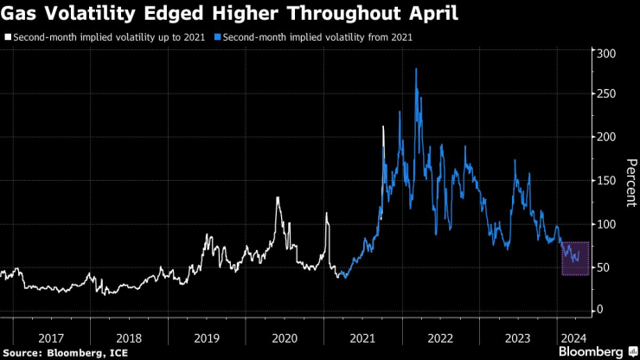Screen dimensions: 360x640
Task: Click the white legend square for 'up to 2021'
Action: click(7, 38)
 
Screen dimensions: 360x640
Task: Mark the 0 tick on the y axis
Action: click(598, 310)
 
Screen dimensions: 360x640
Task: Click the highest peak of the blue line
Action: click(417, 69)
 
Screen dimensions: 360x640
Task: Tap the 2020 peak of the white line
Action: click(278, 198)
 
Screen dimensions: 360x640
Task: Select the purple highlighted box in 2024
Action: click(575, 259)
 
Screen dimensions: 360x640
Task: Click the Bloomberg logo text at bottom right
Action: click(592, 352)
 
